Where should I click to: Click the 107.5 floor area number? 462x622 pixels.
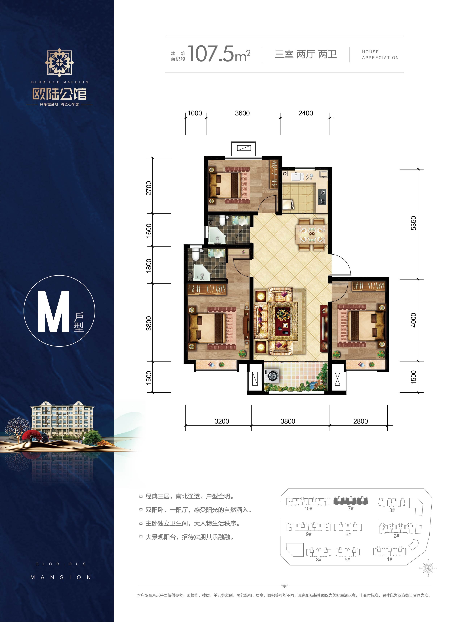[x=210, y=54]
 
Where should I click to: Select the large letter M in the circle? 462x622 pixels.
[x=53, y=311]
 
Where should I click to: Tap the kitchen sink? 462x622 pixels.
[x=297, y=177]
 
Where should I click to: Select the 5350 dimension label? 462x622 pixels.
[x=413, y=223]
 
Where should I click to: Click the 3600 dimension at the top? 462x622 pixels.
[x=242, y=113]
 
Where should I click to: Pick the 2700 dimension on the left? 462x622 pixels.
[x=149, y=188]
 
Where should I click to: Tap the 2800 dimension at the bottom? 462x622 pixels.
[x=360, y=421]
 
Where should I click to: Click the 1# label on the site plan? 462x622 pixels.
[x=390, y=559]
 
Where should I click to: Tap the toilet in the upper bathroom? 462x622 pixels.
[x=222, y=221]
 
